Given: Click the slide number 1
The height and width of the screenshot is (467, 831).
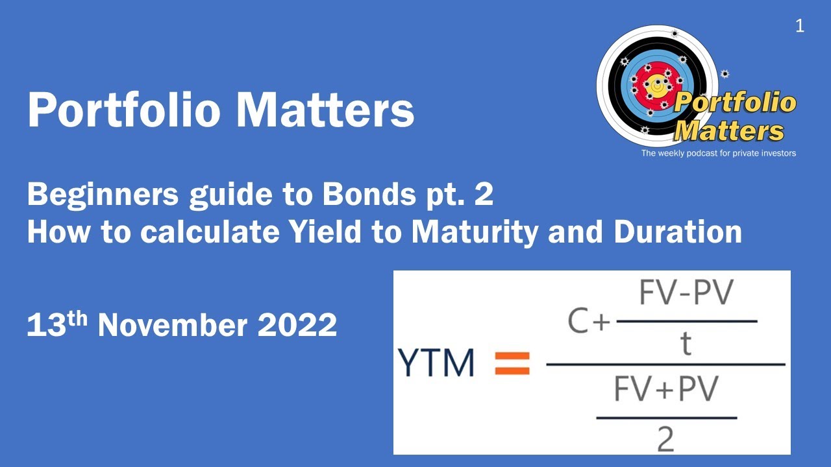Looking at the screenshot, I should [x=799, y=27].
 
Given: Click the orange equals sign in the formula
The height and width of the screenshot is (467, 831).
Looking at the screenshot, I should [x=512, y=364].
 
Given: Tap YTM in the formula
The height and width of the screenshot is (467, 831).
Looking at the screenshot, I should [x=437, y=364].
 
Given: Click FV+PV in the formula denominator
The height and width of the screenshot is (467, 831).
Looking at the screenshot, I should [x=667, y=390].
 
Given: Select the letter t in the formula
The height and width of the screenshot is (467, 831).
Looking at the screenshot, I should [x=686, y=344].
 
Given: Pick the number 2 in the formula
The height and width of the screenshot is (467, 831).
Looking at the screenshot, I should [x=666, y=439].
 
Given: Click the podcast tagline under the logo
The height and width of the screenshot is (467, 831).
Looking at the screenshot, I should [x=718, y=154].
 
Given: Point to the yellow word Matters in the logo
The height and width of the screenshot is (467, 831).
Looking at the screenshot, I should [x=729, y=131].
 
